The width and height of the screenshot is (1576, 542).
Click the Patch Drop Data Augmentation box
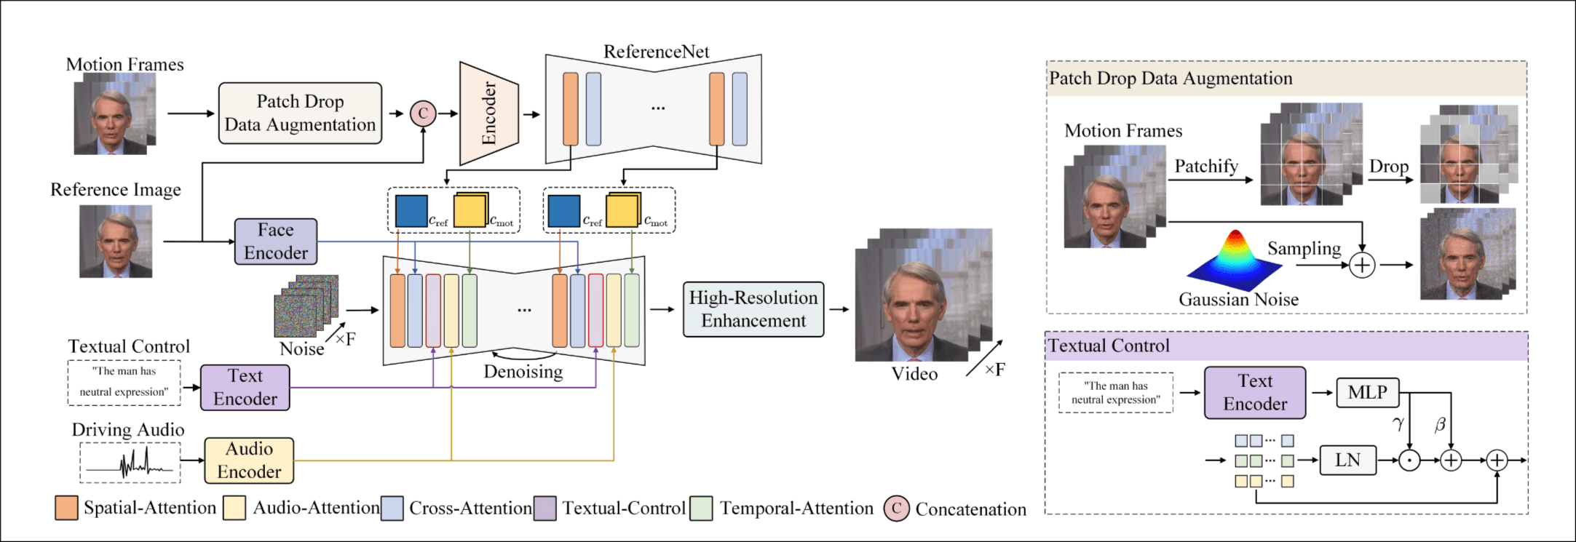point(300,113)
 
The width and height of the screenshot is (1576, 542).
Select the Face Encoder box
point(276,242)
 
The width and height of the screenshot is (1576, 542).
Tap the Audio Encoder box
point(249,461)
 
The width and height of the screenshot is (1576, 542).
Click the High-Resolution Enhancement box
point(753,309)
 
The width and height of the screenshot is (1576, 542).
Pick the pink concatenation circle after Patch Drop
point(423,113)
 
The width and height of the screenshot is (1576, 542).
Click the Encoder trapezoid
point(488,113)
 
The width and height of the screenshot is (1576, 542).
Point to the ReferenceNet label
point(656,52)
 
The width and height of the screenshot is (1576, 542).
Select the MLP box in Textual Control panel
point(1367,393)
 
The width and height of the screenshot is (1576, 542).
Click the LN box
point(1347,461)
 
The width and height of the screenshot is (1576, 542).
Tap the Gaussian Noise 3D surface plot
point(1235,260)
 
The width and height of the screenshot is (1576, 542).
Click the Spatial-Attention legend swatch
point(66,508)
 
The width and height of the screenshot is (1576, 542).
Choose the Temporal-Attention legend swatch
point(701,509)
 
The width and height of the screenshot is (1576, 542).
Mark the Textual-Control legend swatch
point(545,509)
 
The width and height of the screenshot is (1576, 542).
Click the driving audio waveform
point(130,463)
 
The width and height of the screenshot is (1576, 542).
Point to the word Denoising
point(523,372)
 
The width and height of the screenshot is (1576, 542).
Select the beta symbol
point(1440,424)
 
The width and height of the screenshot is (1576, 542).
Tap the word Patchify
point(1206,167)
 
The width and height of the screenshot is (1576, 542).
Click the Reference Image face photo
point(116,242)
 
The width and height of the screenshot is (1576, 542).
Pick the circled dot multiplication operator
point(1409,461)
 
